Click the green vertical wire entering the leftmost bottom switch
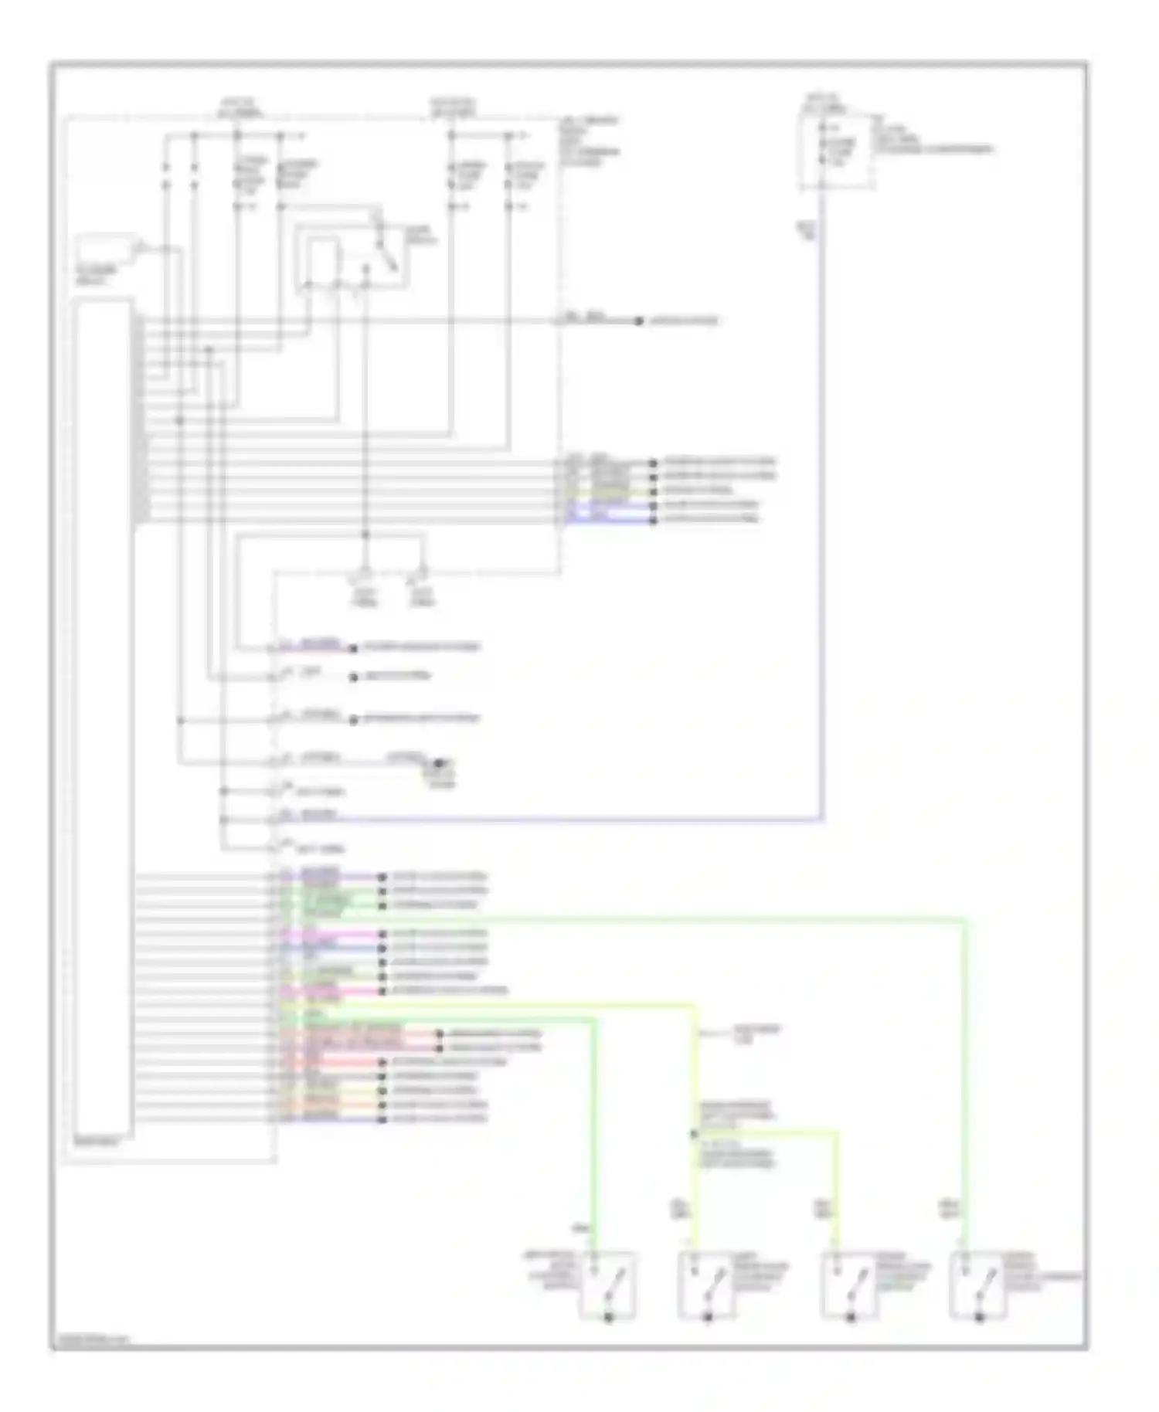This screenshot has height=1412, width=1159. [x=594, y=1135]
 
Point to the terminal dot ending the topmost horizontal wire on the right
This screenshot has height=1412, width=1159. [x=639, y=321]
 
